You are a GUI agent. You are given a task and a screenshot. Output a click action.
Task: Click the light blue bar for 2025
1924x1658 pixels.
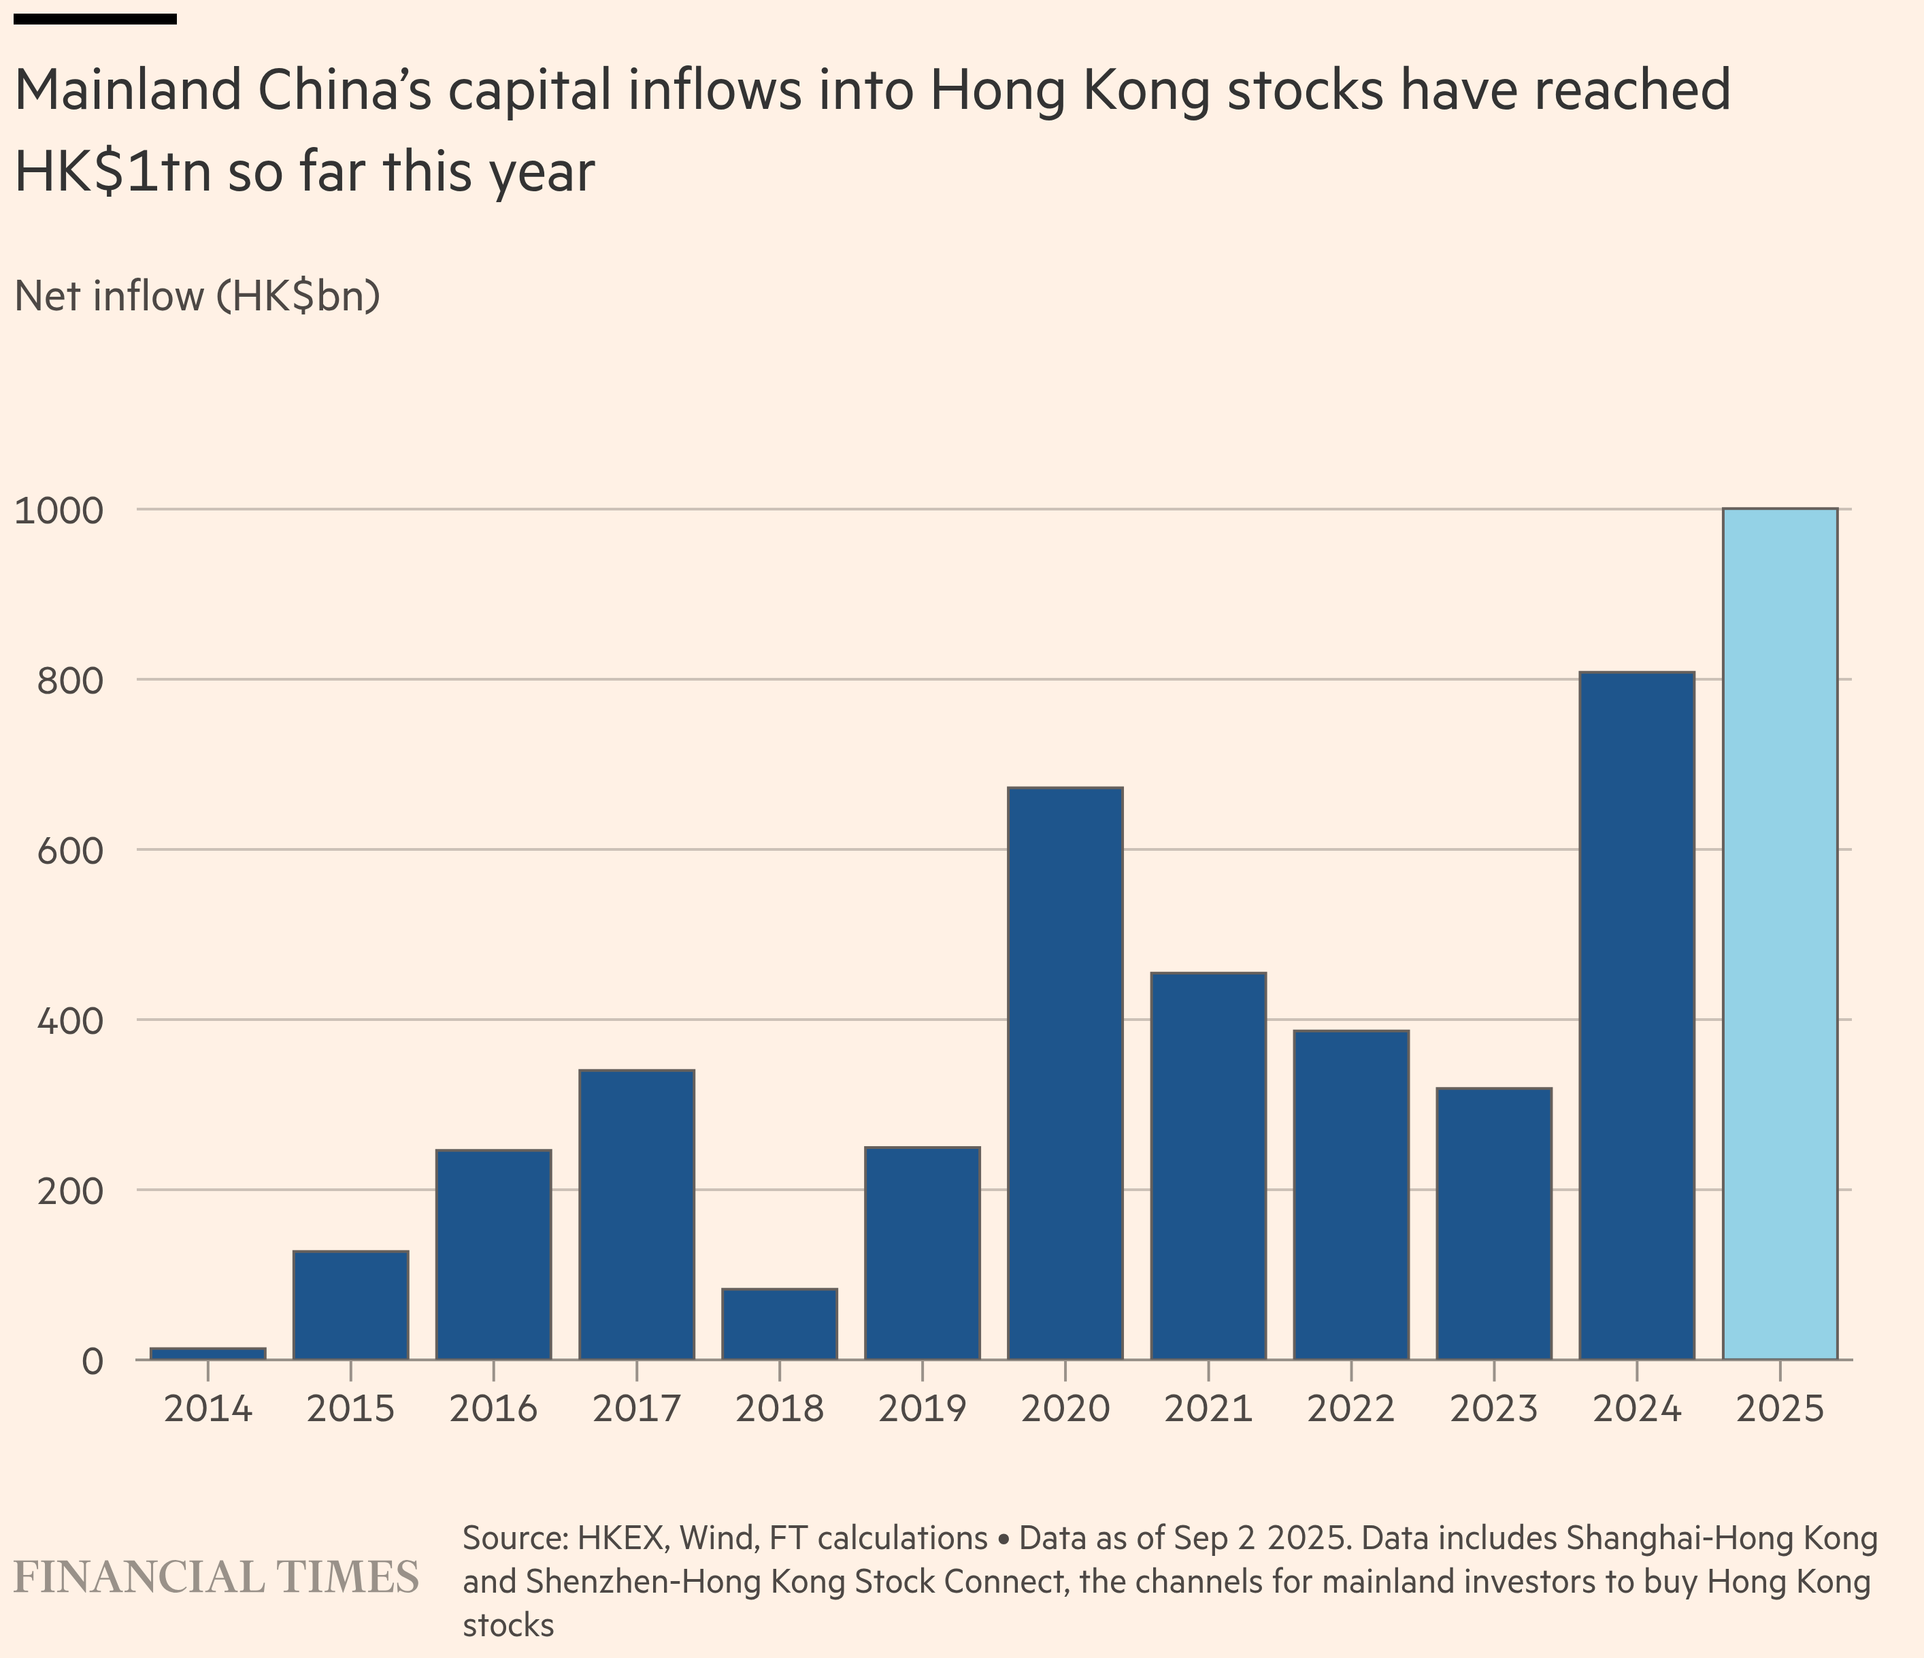point(1779,934)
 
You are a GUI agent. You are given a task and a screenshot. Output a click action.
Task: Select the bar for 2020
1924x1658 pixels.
point(1065,1073)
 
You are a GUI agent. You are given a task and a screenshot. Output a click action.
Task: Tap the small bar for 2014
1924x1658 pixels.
point(208,1353)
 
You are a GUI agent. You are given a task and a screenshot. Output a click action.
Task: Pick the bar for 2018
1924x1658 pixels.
point(779,1324)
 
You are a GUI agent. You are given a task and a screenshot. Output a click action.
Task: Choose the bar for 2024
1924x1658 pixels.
point(1636,1015)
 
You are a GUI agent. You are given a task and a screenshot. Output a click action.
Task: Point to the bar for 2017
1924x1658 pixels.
point(636,1214)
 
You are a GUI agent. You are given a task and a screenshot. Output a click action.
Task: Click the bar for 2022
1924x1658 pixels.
point(1350,1194)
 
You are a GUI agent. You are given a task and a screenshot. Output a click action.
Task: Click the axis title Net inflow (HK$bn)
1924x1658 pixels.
point(197,296)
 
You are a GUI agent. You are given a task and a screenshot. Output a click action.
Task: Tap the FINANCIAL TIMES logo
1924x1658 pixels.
point(216,1577)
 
